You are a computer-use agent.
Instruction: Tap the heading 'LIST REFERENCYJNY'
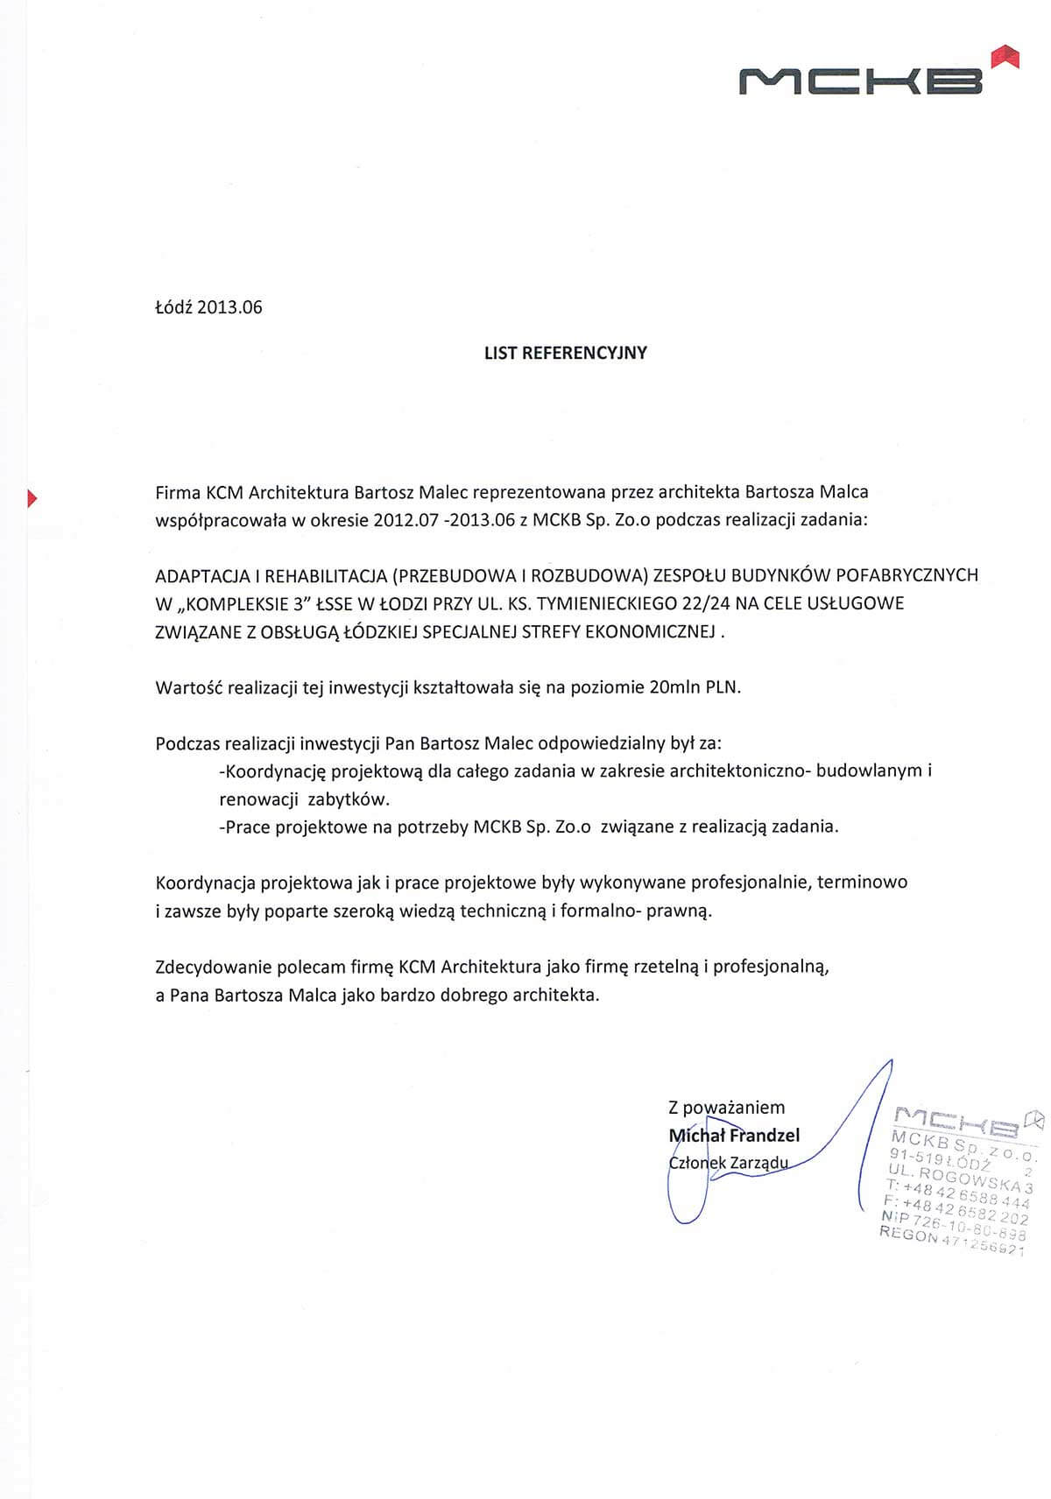click(x=565, y=353)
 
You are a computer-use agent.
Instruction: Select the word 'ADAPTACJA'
click(x=201, y=575)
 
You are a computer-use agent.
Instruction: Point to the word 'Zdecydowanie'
click(x=214, y=968)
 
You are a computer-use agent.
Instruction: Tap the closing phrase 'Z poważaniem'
click(x=726, y=1108)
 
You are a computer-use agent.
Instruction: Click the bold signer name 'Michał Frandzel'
click(x=734, y=1136)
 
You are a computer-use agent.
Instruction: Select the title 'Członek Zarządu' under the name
click(x=728, y=1164)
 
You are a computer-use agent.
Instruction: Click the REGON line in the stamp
click(x=951, y=1243)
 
